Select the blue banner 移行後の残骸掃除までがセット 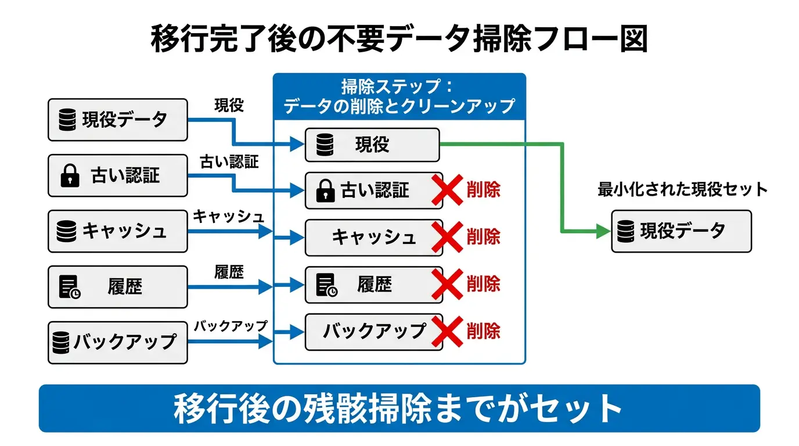point(399,408)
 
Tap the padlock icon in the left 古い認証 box point(70,176)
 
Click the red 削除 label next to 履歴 point(483,284)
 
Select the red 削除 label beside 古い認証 point(483,190)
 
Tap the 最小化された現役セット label point(682,190)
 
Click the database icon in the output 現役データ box point(625,231)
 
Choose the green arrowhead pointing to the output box point(603,231)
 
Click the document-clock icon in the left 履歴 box point(69,287)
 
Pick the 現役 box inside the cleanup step point(372,145)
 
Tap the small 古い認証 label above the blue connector point(229,162)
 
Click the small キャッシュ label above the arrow point(228,217)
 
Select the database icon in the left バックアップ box point(61,341)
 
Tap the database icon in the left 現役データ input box point(68,120)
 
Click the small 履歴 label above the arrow point(229,272)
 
